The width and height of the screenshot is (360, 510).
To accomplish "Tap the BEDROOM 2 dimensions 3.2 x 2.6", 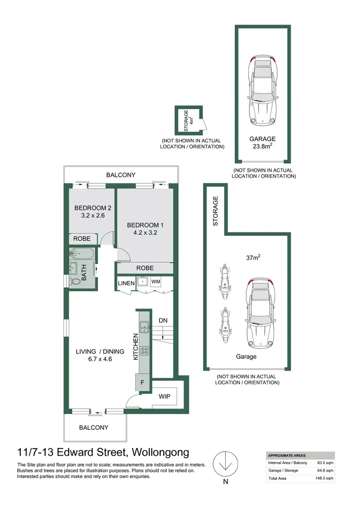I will [x=89, y=216].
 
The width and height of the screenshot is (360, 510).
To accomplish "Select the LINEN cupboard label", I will [x=127, y=284].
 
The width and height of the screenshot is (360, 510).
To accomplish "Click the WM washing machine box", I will [x=156, y=281].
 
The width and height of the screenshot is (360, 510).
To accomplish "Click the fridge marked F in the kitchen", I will [x=143, y=384].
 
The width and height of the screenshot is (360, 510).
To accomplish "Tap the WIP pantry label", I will [x=164, y=397].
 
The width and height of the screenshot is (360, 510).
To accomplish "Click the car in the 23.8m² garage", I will [x=262, y=91].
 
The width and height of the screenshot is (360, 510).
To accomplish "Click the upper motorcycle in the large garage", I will [x=225, y=279].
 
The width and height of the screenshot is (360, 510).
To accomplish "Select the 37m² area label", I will [x=252, y=257].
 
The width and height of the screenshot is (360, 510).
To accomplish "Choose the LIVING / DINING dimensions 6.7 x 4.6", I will [x=100, y=359].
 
